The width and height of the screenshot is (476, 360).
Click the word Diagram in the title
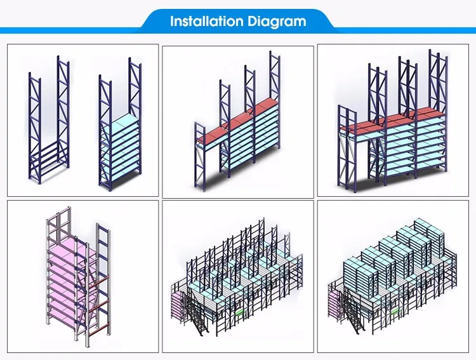pyautogui.click(x=277, y=22)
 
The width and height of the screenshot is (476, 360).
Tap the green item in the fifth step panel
pyautogui.click(x=240, y=312)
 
